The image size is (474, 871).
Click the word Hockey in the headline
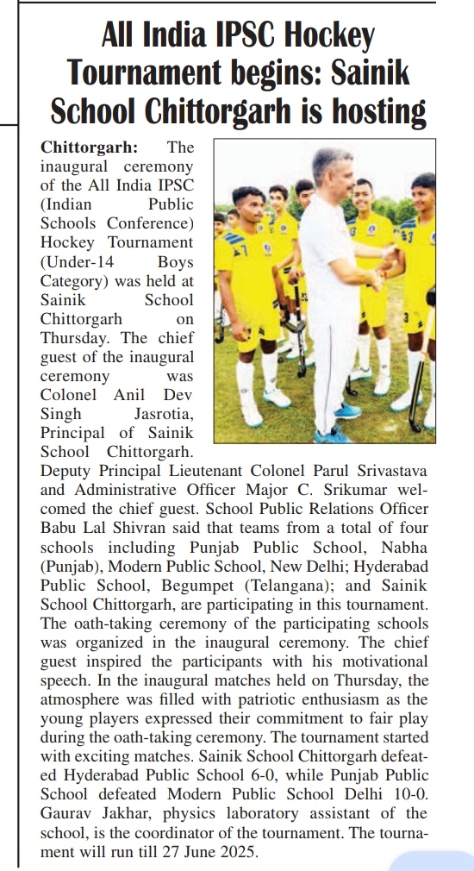point(333,37)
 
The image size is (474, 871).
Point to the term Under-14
point(76,261)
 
